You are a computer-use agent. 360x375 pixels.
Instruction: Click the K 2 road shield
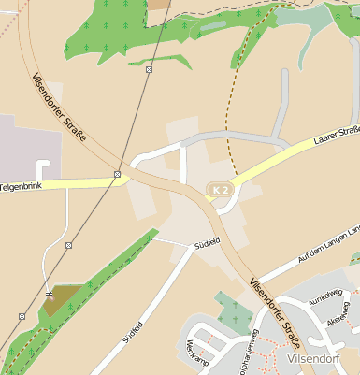tap(220, 190)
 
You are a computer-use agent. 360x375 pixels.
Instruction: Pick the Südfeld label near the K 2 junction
tap(206, 242)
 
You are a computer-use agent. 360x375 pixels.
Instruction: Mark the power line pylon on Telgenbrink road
tap(117, 174)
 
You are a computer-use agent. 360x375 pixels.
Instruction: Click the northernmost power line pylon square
tap(149, 69)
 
